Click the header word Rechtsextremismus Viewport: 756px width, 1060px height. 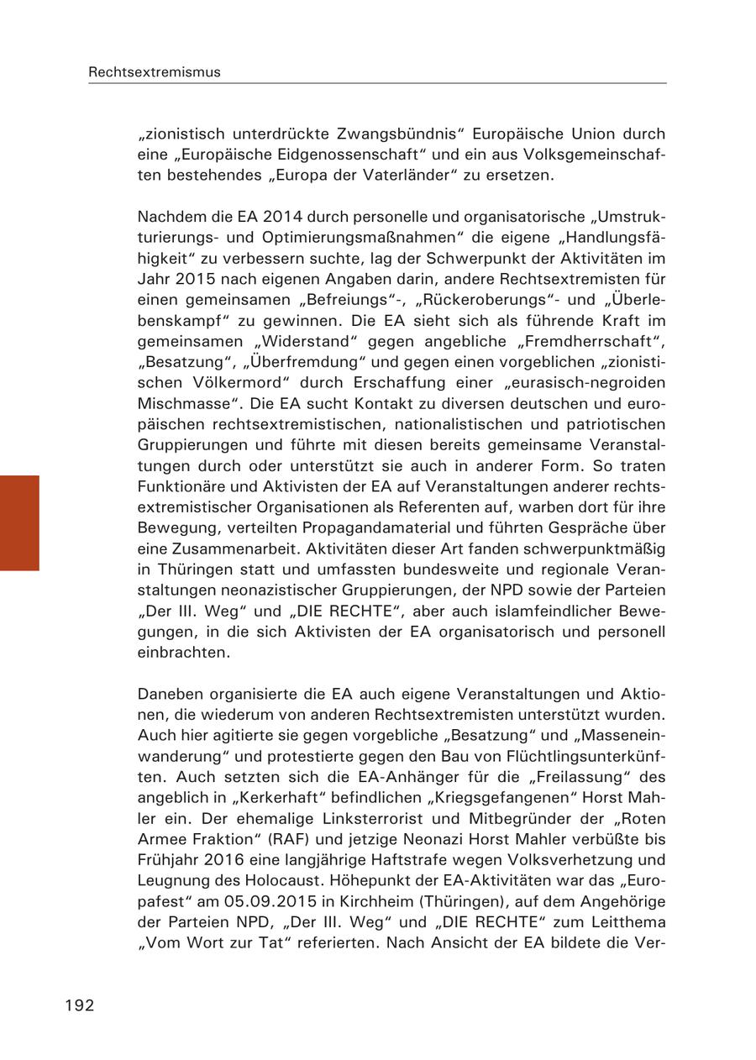[x=155, y=72]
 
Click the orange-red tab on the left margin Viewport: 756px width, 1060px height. [x=19, y=522]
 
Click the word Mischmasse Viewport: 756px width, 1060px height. [x=183, y=403]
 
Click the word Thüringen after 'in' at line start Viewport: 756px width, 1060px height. [x=188, y=569]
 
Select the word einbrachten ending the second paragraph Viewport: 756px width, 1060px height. [x=183, y=652]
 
